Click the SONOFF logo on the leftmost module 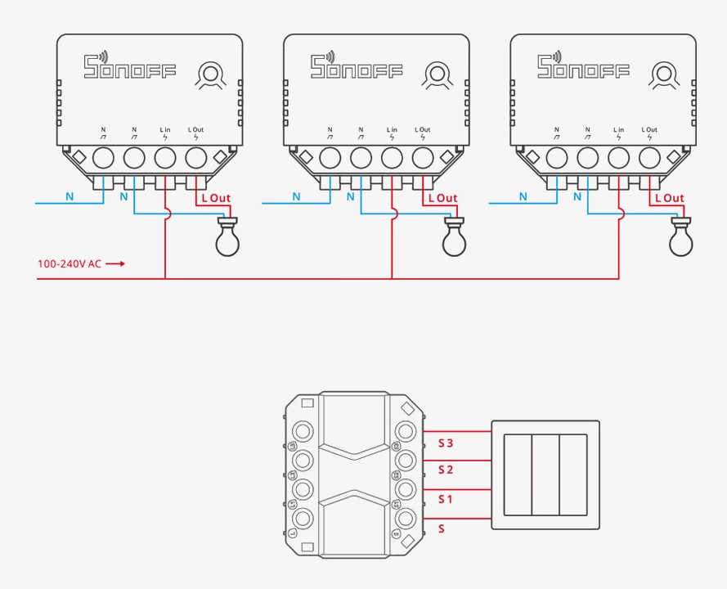[x=130, y=66]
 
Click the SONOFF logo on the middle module [x=357, y=66]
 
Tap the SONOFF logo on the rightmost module [x=583, y=66]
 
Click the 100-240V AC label [x=70, y=264]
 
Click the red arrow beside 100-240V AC [x=116, y=264]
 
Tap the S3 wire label [x=446, y=443]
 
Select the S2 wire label [x=446, y=470]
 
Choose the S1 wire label [x=446, y=498]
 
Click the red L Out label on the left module [x=216, y=198]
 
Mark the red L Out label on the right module [x=669, y=198]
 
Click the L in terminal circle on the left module [x=165, y=156]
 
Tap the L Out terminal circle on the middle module [x=423, y=156]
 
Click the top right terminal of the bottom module [x=404, y=432]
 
